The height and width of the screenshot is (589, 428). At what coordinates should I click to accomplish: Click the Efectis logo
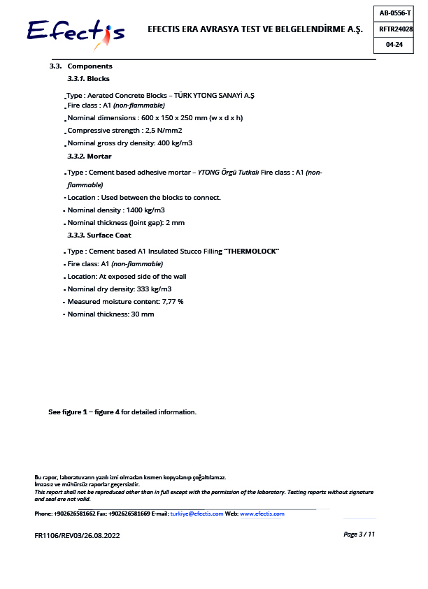pyautogui.click(x=76, y=31)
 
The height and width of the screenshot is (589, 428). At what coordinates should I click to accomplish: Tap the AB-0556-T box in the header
pyautogui.click(x=395, y=13)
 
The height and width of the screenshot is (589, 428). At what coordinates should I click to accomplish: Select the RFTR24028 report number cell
pyautogui.click(x=395, y=29)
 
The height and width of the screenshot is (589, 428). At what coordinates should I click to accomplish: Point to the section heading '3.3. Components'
pyautogui.click(x=80, y=66)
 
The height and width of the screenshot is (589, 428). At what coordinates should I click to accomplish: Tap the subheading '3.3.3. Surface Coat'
pyautogui.click(x=99, y=235)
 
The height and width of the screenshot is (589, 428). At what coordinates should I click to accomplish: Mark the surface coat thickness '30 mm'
pyautogui.click(x=142, y=314)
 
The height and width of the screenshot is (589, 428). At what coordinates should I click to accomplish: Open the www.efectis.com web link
pyautogui.click(x=262, y=514)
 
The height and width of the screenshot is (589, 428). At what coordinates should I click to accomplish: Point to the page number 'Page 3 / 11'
pyautogui.click(x=359, y=535)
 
